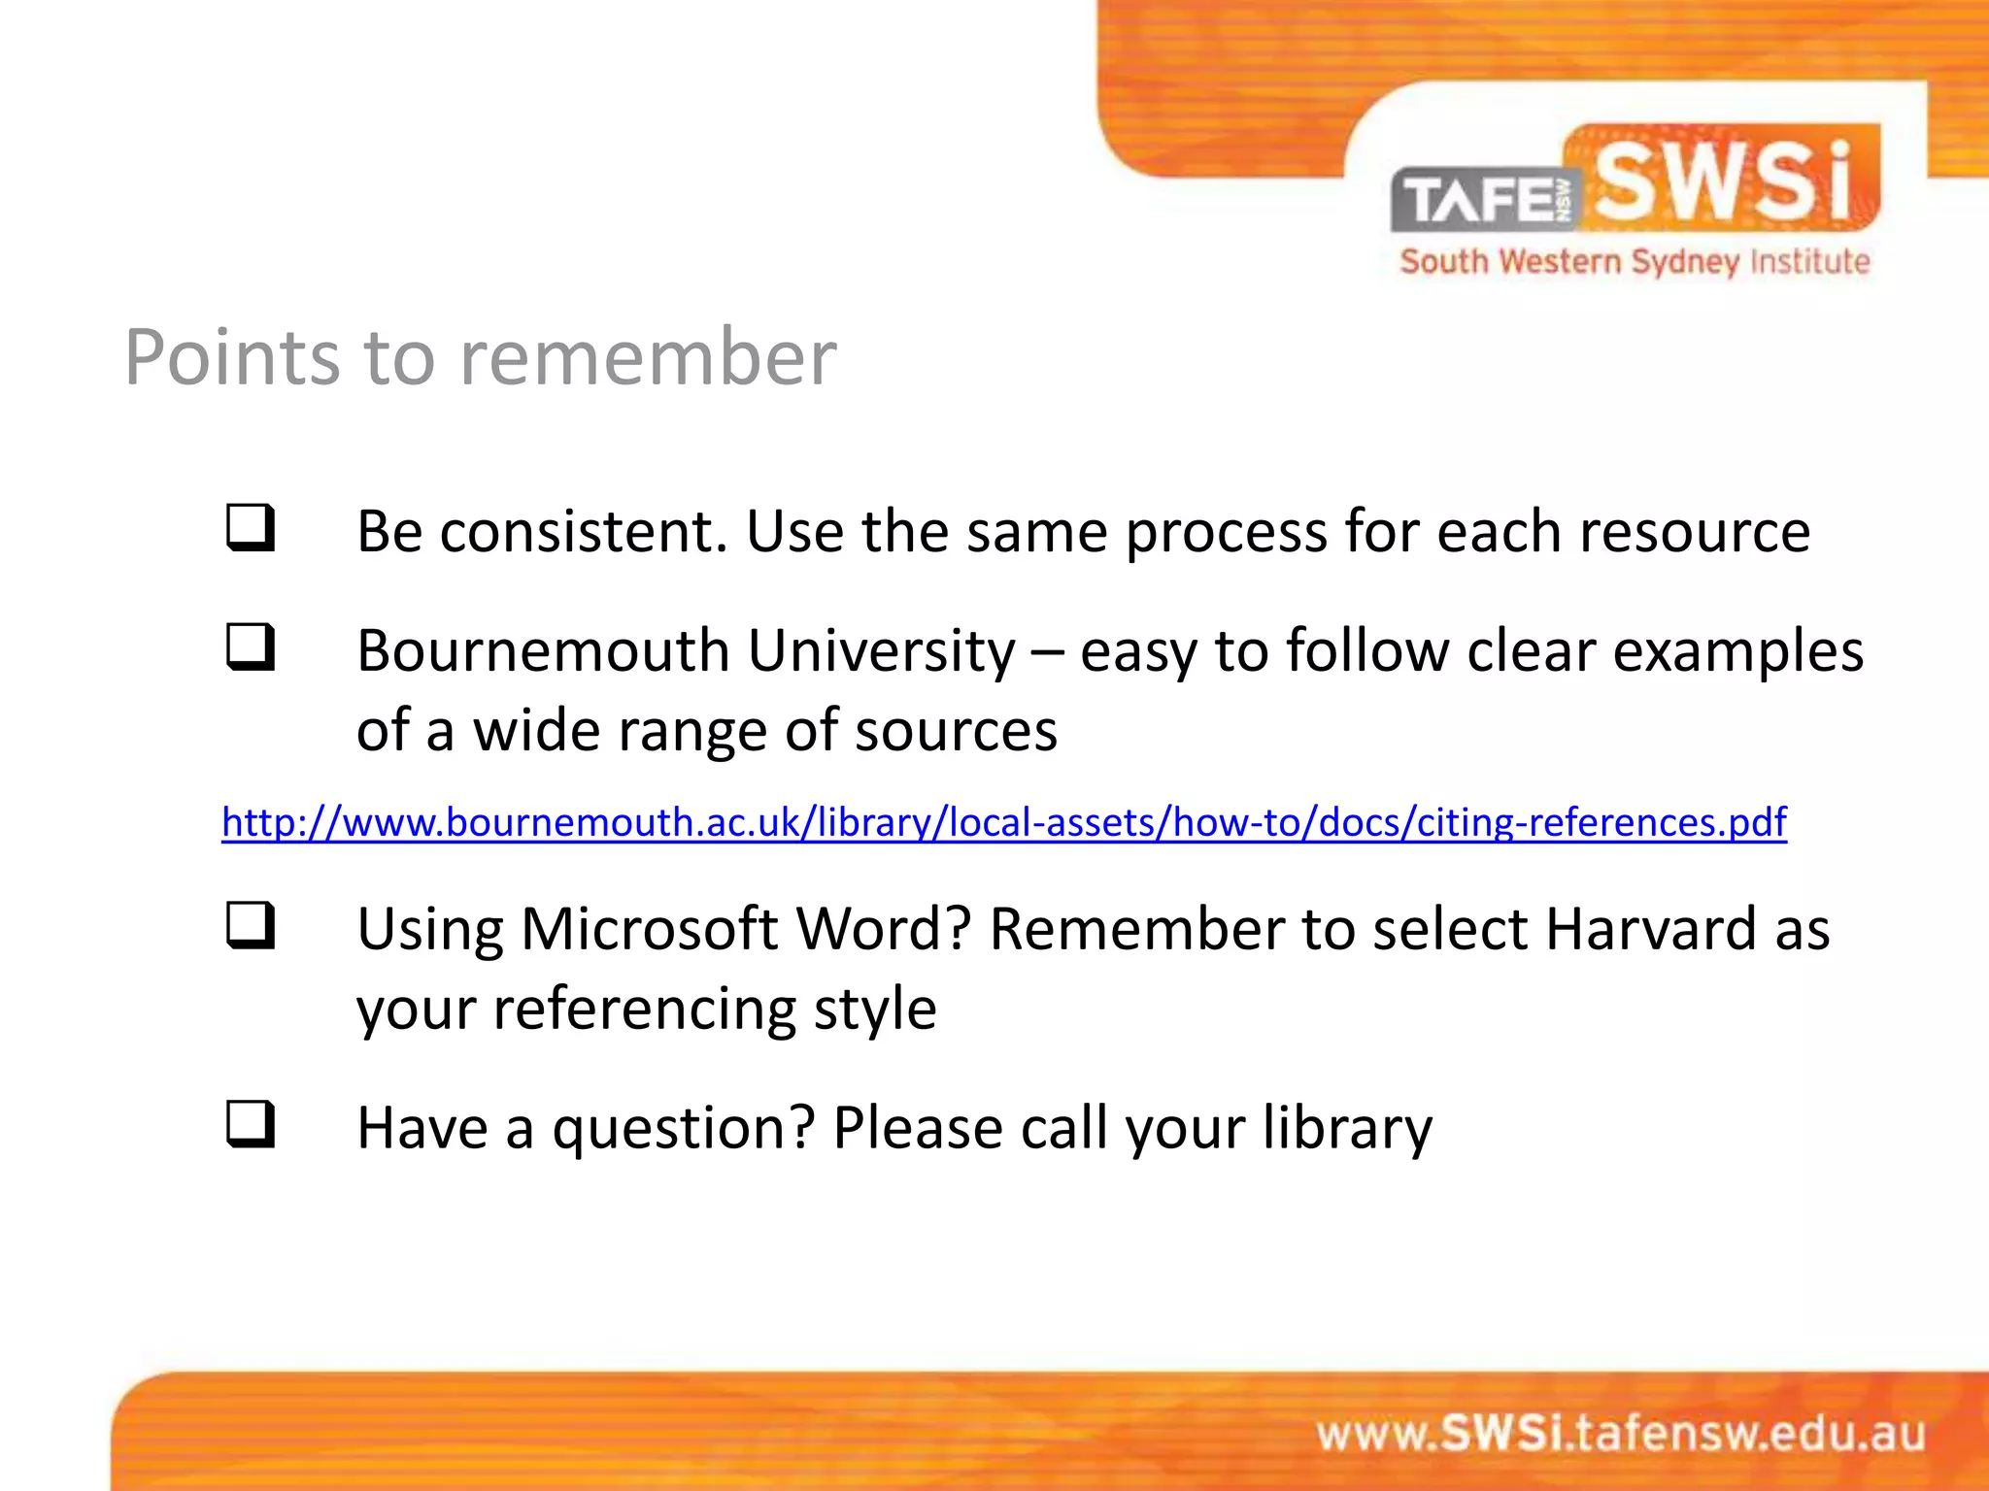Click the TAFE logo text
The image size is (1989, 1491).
(x=1481, y=200)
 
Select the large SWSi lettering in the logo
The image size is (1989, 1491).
(x=1724, y=181)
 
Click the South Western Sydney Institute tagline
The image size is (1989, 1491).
(x=1635, y=262)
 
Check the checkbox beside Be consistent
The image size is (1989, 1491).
(x=251, y=528)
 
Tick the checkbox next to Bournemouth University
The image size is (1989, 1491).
(x=251, y=647)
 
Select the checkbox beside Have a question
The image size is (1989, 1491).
(x=251, y=1124)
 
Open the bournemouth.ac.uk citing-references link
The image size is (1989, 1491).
(x=1003, y=822)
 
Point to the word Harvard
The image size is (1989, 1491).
(x=1650, y=929)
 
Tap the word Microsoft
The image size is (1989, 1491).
(x=649, y=929)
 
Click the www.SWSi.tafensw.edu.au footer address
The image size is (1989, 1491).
(x=1620, y=1434)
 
